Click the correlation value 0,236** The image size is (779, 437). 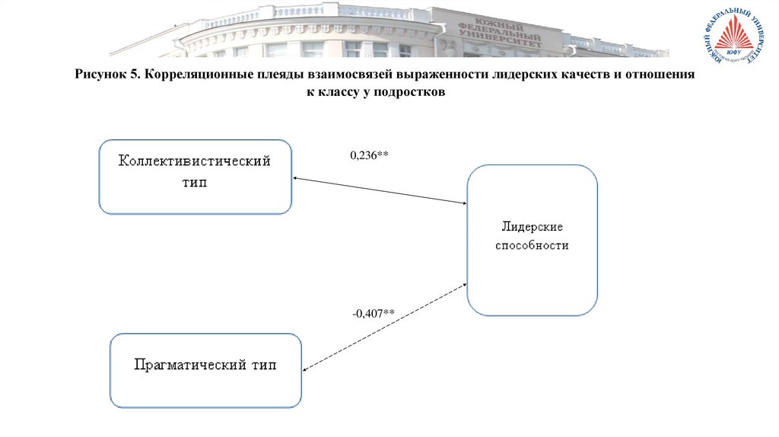(369, 155)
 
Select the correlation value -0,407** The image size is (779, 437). (373, 312)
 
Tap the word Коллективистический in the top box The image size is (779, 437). (194, 162)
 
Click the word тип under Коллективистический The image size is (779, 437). (194, 183)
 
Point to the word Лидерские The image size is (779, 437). (532, 228)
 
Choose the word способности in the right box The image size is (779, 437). (532, 246)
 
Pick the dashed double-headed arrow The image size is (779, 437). (384, 327)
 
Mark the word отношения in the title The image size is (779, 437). (664, 76)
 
